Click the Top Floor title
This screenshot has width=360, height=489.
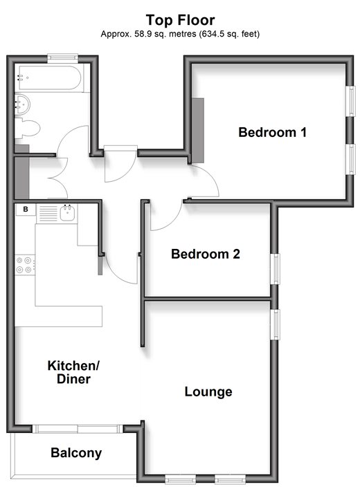[x=180, y=20]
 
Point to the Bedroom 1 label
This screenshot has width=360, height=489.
[x=272, y=132]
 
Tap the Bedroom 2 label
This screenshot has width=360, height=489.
[x=206, y=254]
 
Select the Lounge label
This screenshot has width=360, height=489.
[x=208, y=391]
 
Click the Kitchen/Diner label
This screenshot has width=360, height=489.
[x=73, y=372]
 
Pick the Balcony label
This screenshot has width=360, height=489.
[x=76, y=453]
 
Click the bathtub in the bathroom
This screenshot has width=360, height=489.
[x=49, y=78]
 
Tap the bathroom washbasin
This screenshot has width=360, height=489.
[x=22, y=104]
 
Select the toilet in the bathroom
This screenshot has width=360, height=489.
[x=28, y=128]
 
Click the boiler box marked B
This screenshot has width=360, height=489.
[x=26, y=210]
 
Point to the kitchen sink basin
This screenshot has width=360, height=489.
[x=67, y=214]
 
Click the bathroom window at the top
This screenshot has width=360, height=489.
[x=62, y=57]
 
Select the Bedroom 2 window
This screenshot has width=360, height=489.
[x=275, y=269]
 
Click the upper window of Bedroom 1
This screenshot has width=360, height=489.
[x=350, y=101]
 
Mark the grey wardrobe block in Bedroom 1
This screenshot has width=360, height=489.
[x=197, y=130]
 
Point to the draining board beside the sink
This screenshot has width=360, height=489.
[x=47, y=213]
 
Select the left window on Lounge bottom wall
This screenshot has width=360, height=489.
[x=180, y=479]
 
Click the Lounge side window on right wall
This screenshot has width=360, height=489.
[x=275, y=324]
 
